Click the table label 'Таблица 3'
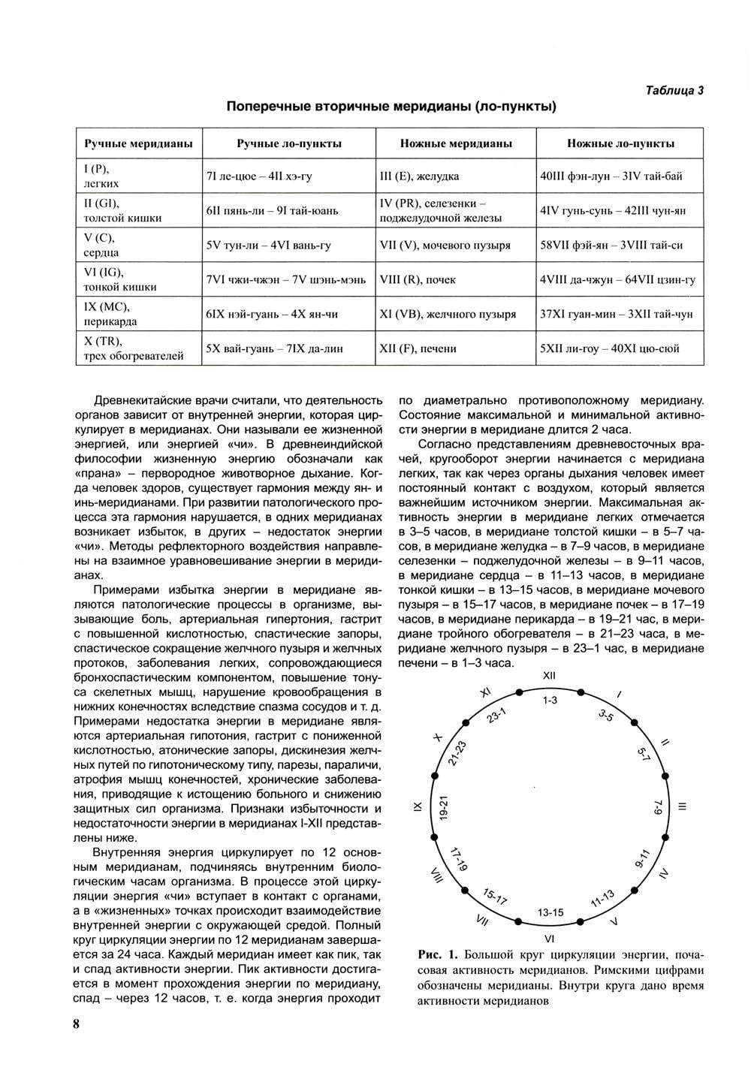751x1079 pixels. pyautogui.click(x=674, y=90)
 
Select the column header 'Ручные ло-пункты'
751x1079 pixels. pyautogui.click(x=289, y=143)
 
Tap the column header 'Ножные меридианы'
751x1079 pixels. pyautogui.click(x=456, y=143)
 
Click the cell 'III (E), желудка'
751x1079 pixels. pyautogui.click(x=419, y=176)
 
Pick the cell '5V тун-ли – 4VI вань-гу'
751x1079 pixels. pyautogui.click(x=268, y=246)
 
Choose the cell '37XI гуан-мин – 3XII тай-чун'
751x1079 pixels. pyautogui.click(x=616, y=315)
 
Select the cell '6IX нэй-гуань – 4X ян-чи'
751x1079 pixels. pyautogui.click(x=271, y=315)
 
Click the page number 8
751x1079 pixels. pyautogui.click(x=76, y=1025)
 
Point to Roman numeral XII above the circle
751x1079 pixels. pyautogui.click(x=549, y=676)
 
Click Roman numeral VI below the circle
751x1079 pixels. pyautogui.click(x=549, y=939)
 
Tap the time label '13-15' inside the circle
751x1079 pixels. pyautogui.click(x=550, y=912)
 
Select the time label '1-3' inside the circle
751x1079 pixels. pyautogui.click(x=550, y=700)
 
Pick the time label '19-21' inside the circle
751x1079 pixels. pyautogui.click(x=444, y=807)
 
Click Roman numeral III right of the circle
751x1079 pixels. pyautogui.click(x=682, y=807)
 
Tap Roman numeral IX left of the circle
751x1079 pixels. pyautogui.click(x=418, y=807)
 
